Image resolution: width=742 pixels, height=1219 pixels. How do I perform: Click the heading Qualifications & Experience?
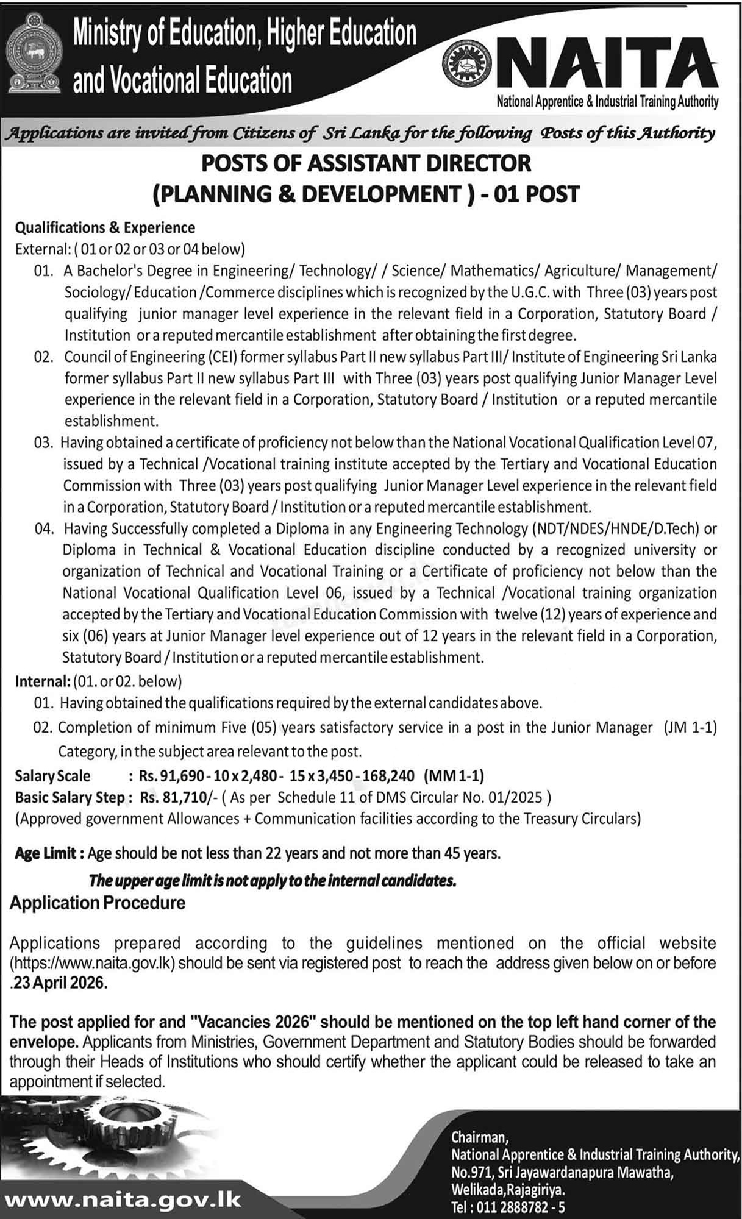point(105,228)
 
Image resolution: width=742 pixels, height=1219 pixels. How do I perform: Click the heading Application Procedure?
point(98,903)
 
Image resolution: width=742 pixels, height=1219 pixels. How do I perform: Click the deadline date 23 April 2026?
point(59,984)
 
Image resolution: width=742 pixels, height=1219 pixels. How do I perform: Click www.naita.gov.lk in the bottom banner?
point(123,1201)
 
